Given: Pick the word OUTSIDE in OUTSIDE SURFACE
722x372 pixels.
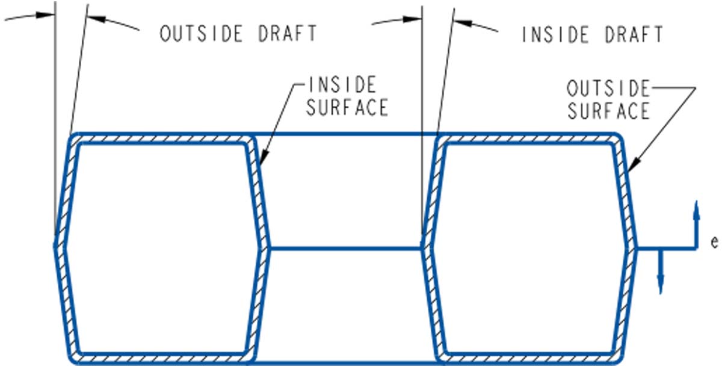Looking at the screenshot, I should coord(608,90).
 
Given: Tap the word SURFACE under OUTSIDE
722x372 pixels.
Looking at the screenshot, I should coord(608,111).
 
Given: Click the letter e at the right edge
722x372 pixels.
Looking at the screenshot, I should coord(714,243).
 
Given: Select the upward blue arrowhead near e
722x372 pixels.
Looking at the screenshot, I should coord(696,208).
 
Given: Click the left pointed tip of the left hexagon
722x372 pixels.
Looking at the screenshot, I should coord(55,246).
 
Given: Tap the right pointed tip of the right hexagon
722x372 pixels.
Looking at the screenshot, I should coord(637,247).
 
